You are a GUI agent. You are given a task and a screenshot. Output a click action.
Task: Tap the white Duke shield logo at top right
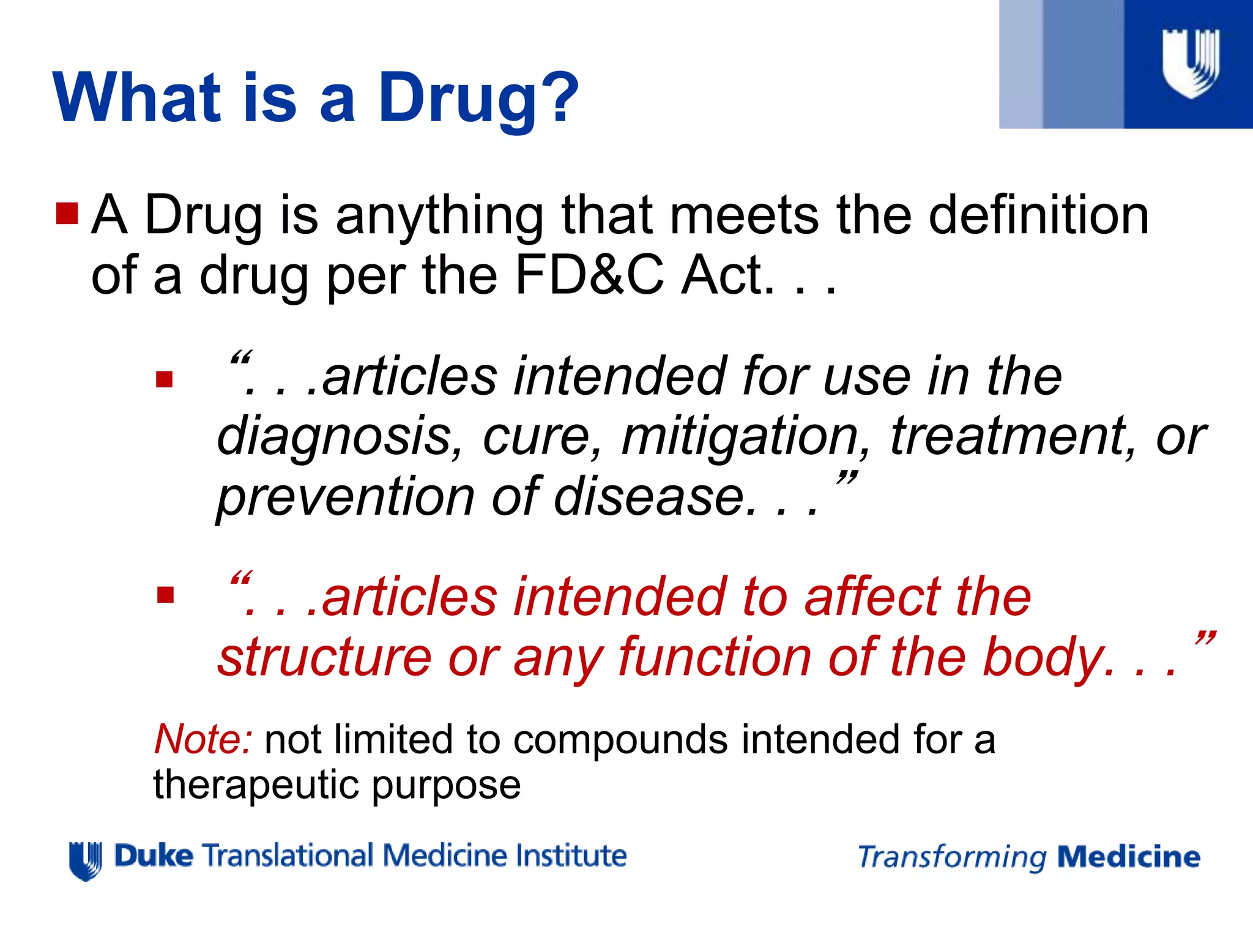pos(1191,64)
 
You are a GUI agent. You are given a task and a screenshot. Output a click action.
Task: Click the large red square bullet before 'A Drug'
pos(67,214)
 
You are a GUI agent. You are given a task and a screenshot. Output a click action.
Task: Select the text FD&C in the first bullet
pos(589,275)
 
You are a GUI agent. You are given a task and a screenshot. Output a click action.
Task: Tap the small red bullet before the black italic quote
pos(165,380)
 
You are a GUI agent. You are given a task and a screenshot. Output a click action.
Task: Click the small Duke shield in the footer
pos(85,860)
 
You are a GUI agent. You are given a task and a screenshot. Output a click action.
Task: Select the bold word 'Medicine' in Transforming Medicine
pos(1129,857)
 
